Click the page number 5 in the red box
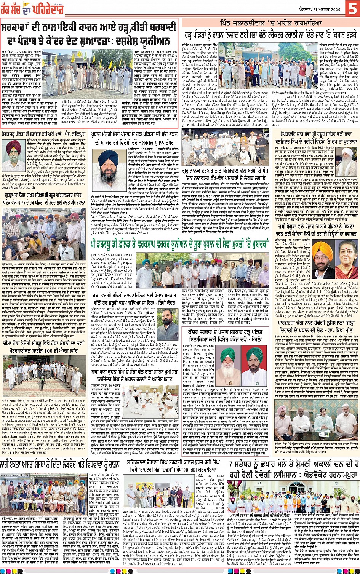pos(352,8)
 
